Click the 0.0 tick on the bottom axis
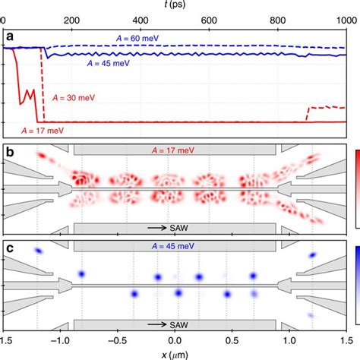click(x=175, y=341)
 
